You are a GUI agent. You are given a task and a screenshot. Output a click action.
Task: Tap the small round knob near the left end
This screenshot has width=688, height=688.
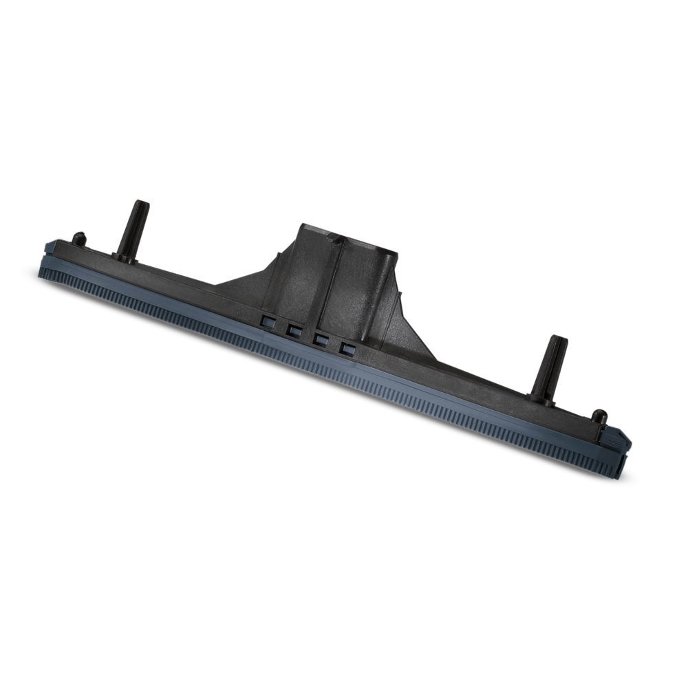click(x=80, y=238)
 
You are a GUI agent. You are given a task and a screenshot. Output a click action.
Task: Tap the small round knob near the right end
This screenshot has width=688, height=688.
click(x=599, y=416)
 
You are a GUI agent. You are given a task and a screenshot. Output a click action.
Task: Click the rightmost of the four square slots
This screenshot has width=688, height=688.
click(x=348, y=349)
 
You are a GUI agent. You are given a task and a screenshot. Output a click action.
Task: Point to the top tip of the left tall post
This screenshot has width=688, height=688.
click(x=140, y=204)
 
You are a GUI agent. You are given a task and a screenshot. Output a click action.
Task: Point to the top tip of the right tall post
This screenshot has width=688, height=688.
click(x=558, y=339)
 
